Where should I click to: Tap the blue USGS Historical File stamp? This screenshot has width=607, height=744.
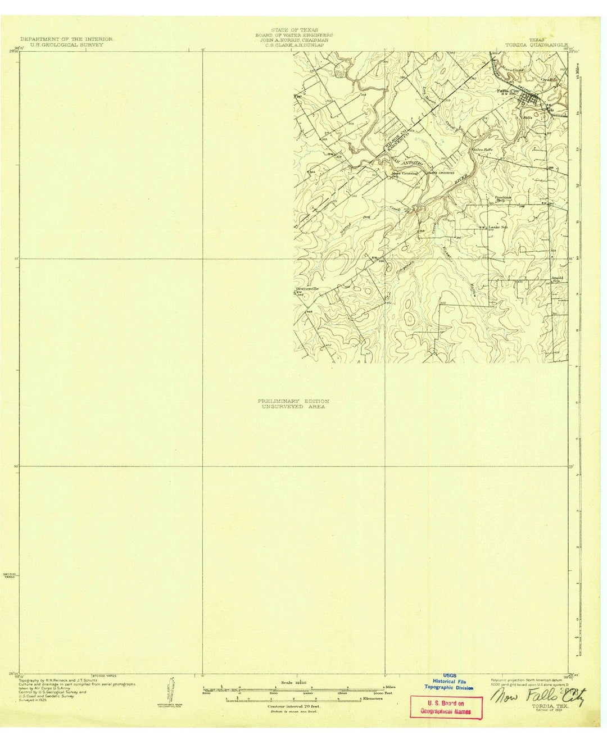click(x=449, y=681)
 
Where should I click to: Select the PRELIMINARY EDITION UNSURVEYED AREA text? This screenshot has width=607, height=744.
click(x=293, y=403)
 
